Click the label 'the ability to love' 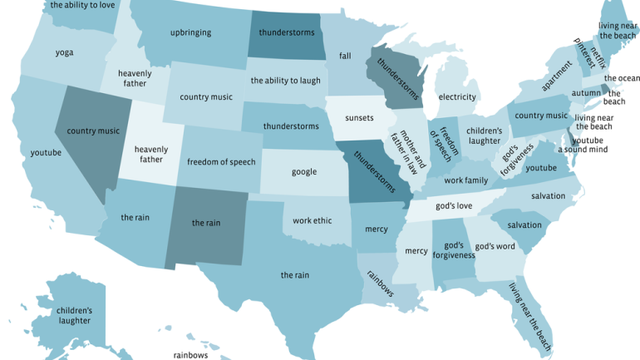pos(82,6)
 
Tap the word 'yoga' pos(64,52)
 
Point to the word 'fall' pos(345,56)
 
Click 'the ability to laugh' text pos(285,81)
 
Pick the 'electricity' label pos(458,97)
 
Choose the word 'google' pos(304,172)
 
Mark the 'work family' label pos(466,180)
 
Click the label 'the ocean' pos(621,78)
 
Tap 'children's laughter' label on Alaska pos(74,315)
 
